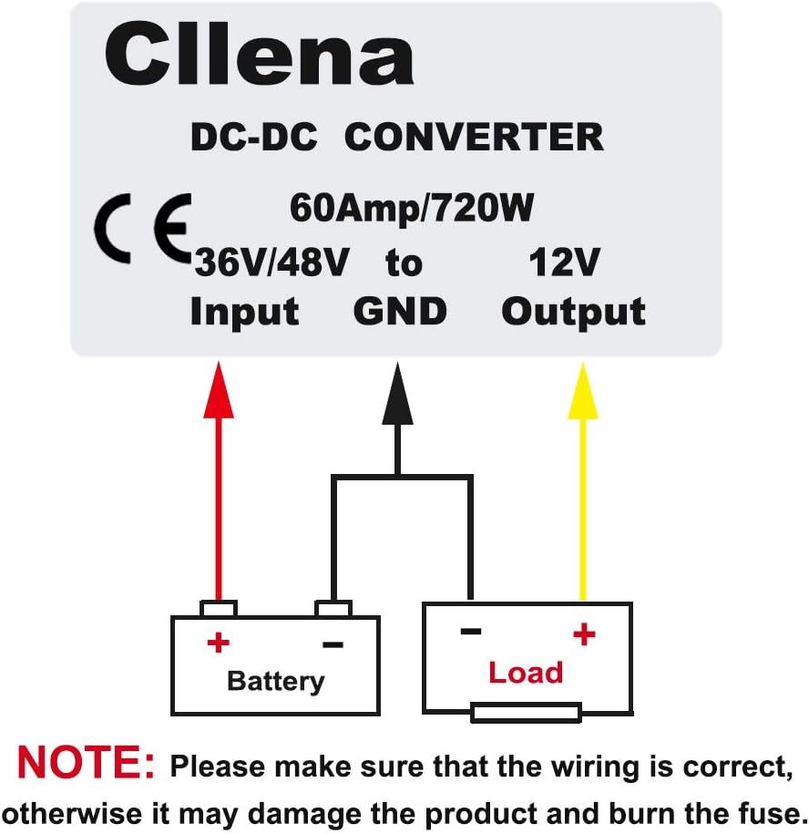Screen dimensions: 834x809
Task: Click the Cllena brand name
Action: (x=259, y=56)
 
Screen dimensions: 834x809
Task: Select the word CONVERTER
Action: (x=474, y=138)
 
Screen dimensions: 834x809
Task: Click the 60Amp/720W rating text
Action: (x=411, y=209)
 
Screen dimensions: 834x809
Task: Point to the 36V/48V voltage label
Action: (x=271, y=263)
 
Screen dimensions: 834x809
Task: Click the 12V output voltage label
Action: (x=564, y=263)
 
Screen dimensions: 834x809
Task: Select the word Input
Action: (x=244, y=312)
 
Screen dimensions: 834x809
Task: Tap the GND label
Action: (x=400, y=312)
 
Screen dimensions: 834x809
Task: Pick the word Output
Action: (x=573, y=312)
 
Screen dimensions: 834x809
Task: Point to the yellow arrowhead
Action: (x=583, y=390)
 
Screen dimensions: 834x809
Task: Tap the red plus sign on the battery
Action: (x=218, y=643)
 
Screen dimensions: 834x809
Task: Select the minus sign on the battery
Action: (x=333, y=644)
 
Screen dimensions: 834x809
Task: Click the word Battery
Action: (x=275, y=681)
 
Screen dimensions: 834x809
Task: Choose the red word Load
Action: (x=526, y=673)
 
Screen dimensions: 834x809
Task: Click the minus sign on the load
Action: (x=470, y=631)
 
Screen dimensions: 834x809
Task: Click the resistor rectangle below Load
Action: (x=526, y=712)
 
